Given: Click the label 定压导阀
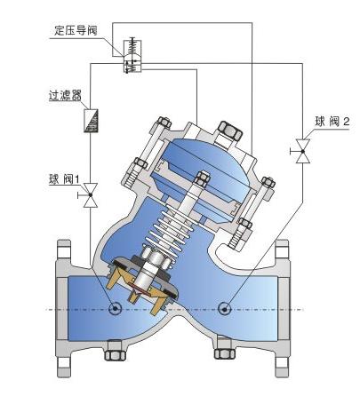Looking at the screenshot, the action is coord(76,30).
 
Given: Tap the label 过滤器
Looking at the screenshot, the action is coord(65,95).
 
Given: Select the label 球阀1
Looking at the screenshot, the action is coord(64,179).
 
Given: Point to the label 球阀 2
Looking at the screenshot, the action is coord(332,122).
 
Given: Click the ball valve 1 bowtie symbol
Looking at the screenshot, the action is coord(91,195).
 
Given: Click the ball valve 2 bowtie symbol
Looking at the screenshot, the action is coord(303,151).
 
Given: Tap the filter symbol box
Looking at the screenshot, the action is coord(91,121).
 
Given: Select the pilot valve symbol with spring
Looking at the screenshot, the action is coord(132,55).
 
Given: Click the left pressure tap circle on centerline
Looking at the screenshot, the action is coord(115,309).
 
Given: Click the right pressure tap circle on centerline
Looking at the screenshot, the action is coord(225,309).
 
